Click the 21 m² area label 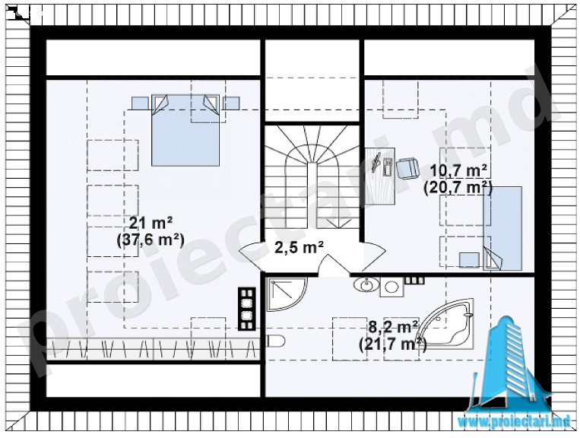(x=151, y=223)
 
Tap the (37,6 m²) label (x=151, y=240)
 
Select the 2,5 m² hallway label (x=300, y=247)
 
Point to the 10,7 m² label (x=458, y=172)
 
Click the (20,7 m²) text (x=458, y=188)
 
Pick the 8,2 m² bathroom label (x=393, y=328)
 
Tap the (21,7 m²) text (x=393, y=344)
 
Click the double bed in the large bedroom (x=185, y=130)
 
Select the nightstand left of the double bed (x=140, y=103)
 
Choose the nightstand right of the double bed (x=231, y=103)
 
